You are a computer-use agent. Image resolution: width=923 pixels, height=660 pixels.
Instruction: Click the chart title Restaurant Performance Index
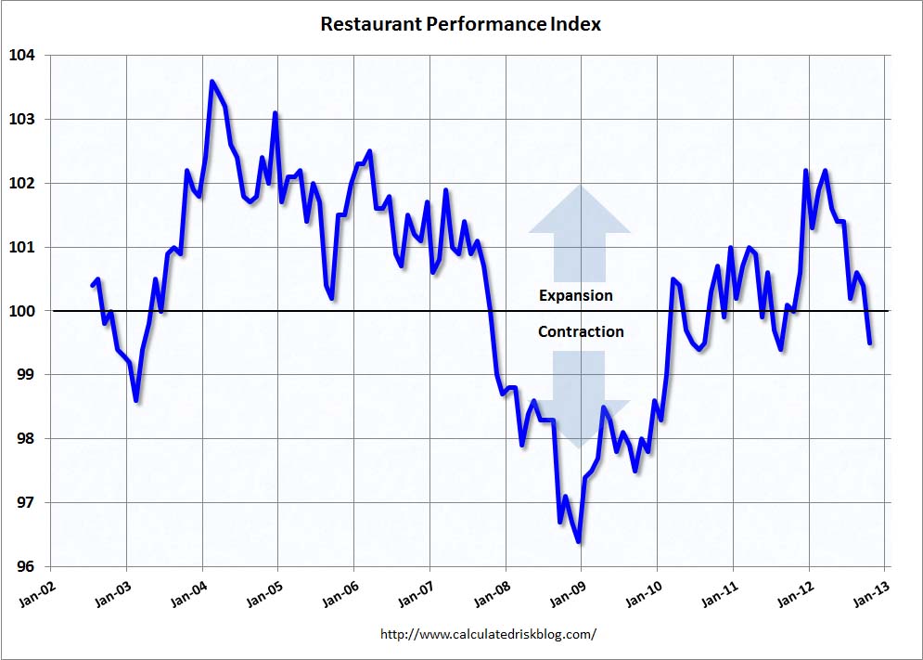(460, 24)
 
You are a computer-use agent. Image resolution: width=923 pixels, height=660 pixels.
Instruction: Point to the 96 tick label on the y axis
(26, 567)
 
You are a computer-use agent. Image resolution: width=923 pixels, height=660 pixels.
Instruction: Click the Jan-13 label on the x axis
(869, 596)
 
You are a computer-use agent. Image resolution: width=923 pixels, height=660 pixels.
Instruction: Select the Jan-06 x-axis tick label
(339, 596)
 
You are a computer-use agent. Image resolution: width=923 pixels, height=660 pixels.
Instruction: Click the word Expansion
(576, 296)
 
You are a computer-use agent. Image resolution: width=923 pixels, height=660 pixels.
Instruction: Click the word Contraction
(581, 331)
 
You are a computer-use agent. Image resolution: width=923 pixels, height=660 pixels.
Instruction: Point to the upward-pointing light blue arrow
(580, 232)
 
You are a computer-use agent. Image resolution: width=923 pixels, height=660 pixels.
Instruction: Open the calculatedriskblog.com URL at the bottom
(488, 635)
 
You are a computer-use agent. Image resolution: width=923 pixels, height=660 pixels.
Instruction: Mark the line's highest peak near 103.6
(212, 82)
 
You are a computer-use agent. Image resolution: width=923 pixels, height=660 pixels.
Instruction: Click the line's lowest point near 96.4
(579, 541)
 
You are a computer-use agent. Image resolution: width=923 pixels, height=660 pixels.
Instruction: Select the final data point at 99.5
(869, 343)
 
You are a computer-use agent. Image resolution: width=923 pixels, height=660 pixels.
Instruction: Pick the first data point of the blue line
(92, 285)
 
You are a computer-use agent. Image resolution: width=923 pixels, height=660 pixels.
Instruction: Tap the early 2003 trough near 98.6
(136, 400)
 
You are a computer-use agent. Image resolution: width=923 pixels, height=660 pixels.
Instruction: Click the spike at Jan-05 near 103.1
(276, 113)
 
